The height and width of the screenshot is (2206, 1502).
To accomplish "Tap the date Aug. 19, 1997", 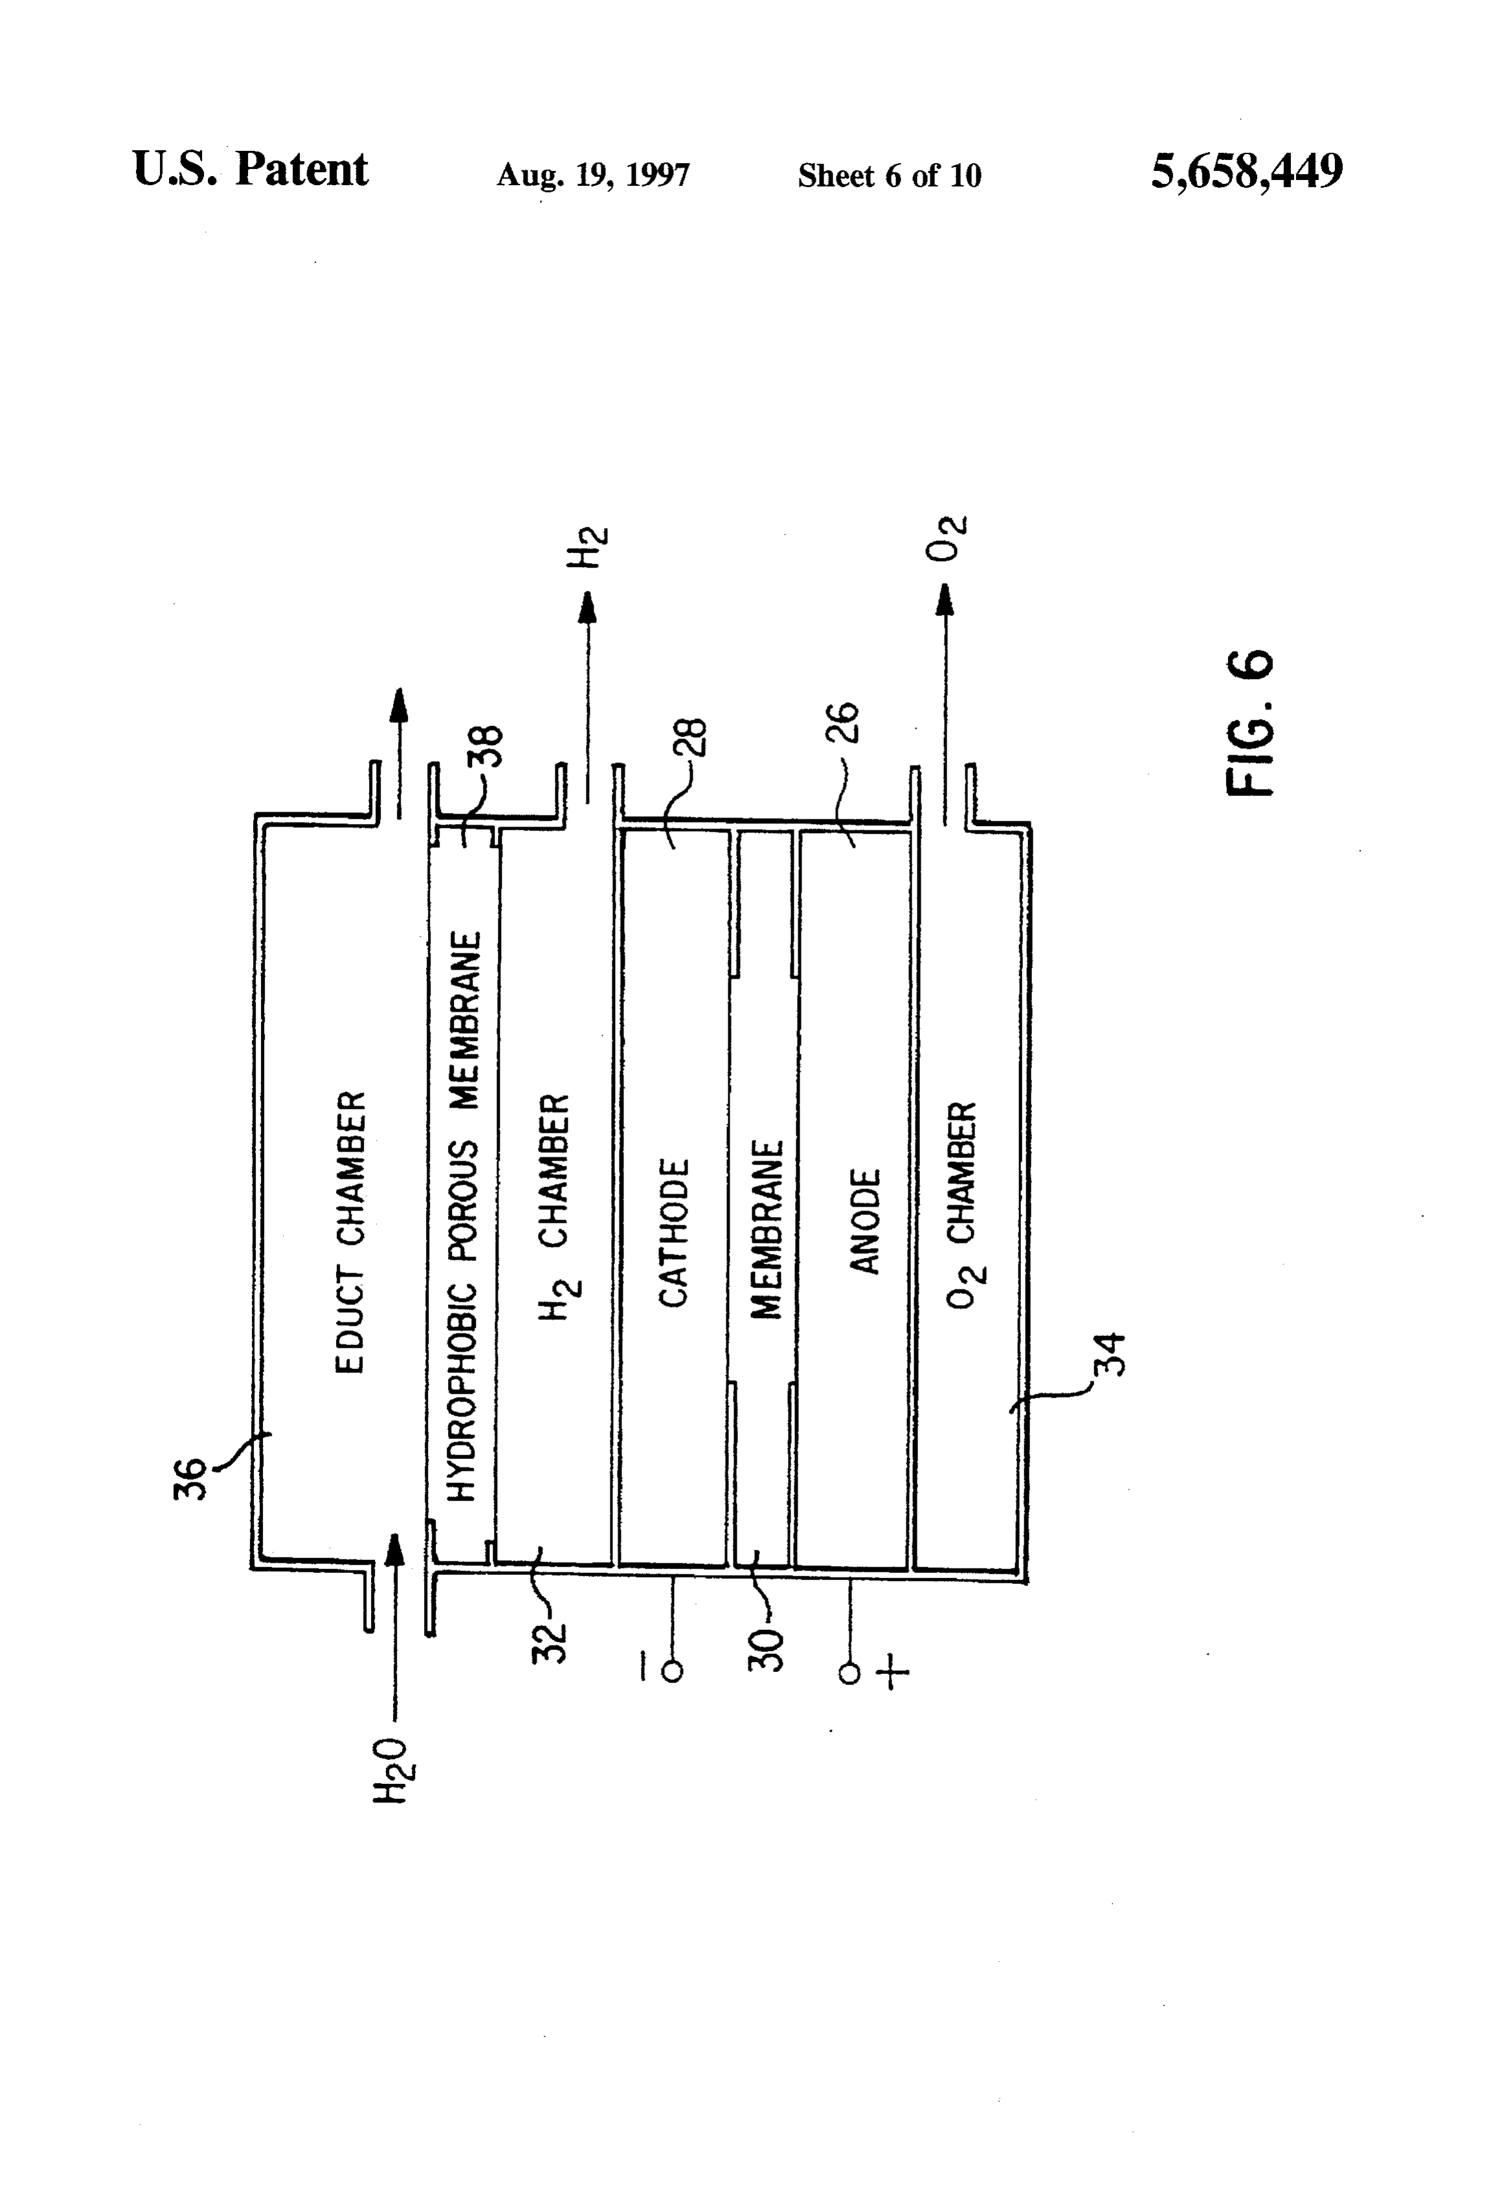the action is click(x=594, y=175).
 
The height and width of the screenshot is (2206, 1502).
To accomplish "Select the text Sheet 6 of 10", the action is click(x=889, y=175).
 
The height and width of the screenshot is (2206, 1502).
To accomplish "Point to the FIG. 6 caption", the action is click(x=1250, y=723).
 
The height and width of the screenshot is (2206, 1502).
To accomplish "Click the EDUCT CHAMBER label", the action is click(x=350, y=1232).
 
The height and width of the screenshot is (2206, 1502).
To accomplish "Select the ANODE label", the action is click(x=865, y=1221).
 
